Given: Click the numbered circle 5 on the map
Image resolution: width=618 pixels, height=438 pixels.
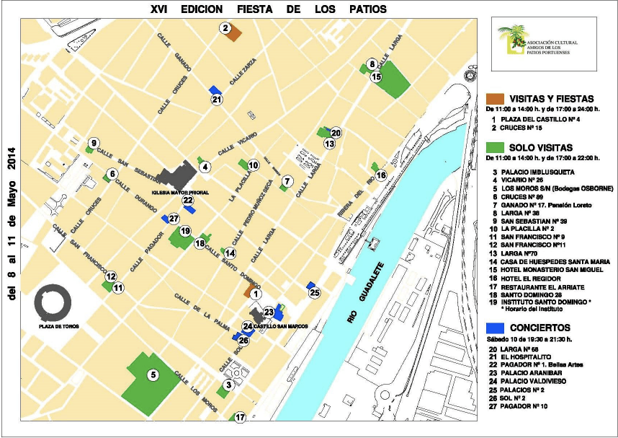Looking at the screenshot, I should (x=153, y=375).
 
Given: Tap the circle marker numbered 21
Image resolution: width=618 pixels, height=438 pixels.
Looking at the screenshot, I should (x=218, y=100).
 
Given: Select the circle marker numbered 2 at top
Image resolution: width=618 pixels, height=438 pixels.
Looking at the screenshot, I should (x=225, y=28).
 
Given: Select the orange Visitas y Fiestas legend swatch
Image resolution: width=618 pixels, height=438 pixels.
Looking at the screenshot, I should (x=495, y=98).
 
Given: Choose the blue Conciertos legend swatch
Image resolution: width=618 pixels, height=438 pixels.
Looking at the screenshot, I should (x=495, y=327).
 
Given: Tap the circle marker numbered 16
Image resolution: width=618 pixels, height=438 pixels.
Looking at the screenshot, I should (x=381, y=175).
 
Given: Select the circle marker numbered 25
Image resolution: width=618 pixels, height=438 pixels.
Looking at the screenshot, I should (x=314, y=292).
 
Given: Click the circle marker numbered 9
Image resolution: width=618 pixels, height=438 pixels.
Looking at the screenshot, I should (x=93, y=142).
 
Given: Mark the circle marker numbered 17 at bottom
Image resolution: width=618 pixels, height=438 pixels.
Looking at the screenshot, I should (x=240, y=417).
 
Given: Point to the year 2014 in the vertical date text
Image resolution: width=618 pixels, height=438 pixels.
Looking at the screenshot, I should (x=11, y=172).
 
